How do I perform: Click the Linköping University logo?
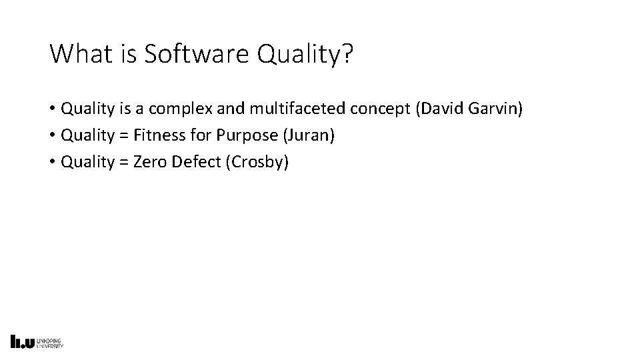37,341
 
